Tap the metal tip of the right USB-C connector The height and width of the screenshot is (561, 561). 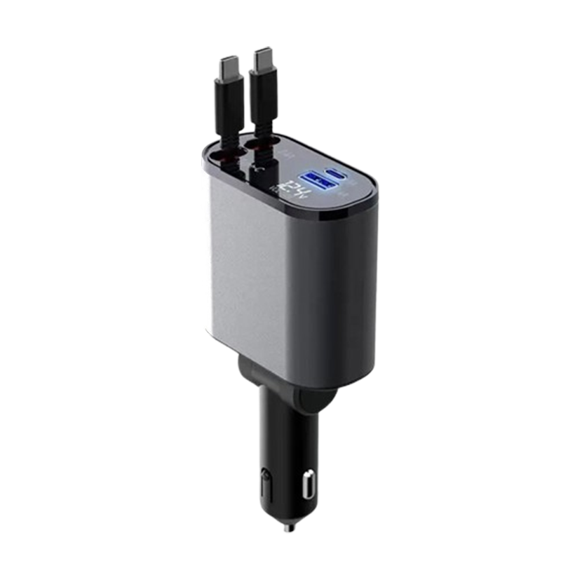(262, 58)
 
